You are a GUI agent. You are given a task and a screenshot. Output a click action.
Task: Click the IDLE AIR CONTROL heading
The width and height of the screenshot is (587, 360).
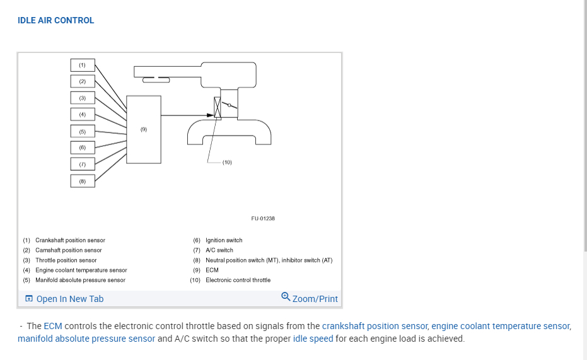(x=56, y=20)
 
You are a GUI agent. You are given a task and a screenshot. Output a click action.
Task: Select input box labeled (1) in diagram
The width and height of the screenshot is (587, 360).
(x=82, y=65)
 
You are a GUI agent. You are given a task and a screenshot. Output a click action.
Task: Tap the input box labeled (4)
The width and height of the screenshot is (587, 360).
(x=82, y=114)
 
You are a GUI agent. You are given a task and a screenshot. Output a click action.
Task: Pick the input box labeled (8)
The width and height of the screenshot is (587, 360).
(x=82, y=180)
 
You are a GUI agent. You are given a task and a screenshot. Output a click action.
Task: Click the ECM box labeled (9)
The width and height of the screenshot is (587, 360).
(x=144, y=129)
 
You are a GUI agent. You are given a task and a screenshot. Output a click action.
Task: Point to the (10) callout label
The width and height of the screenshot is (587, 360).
(x=227, y=162)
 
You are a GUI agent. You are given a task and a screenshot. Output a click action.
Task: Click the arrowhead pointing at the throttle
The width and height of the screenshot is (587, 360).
(x=211, y=115)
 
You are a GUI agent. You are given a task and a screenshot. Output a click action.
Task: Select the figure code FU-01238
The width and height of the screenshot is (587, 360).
(x=263, y=218)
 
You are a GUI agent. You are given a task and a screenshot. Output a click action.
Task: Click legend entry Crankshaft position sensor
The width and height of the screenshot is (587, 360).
(x=70, y=240)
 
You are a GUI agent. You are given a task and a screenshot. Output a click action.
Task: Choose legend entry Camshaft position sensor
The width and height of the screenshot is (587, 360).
(x=68, y=250)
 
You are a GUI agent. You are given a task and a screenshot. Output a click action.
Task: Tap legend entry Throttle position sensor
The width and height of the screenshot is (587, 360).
(x=66, y=260)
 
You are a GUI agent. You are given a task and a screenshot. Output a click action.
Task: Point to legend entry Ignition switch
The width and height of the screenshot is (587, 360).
(x=224, y=240)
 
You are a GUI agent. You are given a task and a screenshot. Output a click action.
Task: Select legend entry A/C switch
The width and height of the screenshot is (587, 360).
(x=219, y=250)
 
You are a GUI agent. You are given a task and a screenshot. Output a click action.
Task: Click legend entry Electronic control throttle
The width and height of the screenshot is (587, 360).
(x=238, y=280)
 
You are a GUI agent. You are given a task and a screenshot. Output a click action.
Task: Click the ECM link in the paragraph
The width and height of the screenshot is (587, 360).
(x=53, y=326)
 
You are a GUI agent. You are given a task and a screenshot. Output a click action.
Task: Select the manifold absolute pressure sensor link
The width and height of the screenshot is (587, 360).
(x=86, y=339)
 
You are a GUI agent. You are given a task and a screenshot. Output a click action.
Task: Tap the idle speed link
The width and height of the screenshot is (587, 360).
(x=313, y=339)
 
